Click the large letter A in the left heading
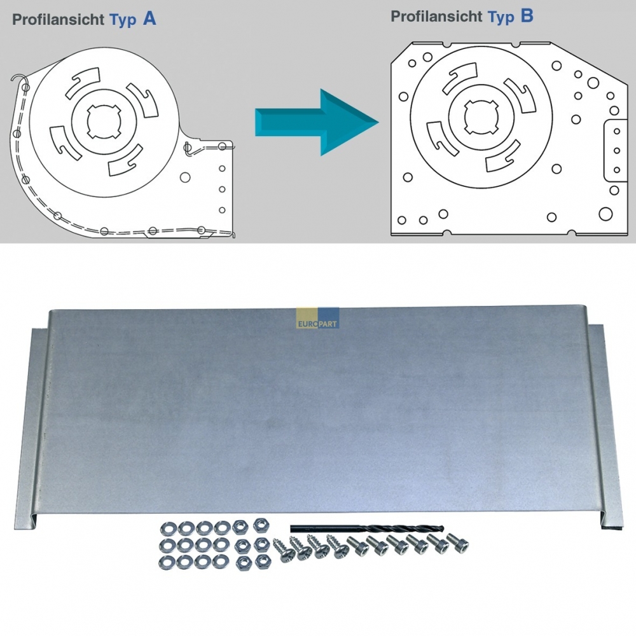click(149, 18)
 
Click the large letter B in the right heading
click(527, 16)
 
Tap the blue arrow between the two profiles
click(316, 122)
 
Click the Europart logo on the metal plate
click(317, 318)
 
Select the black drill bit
click(367, 529)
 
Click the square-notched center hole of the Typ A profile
click(104, 121)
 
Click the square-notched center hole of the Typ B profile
click(481, 117)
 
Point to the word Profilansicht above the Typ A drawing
click(58, 20)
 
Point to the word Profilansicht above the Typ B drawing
click(436, 17)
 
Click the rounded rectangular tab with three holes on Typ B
click(615, 151)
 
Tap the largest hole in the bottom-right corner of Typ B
click(605, 214)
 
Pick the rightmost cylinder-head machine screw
click(458, 543)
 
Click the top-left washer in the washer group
click(167, 529)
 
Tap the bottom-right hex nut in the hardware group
click(262, 562)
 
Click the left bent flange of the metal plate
click(32, 426)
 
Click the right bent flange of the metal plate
click(604, 426)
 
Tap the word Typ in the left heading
click(123, 20)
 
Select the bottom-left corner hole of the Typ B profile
click(401, 220)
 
